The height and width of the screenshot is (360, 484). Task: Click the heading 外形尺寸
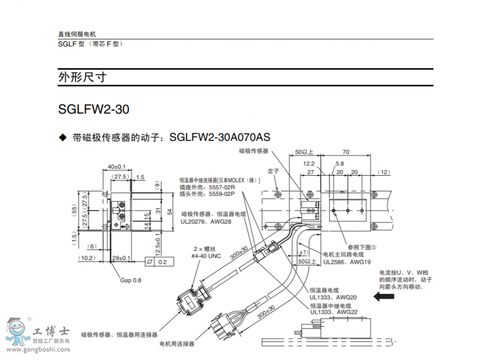82,77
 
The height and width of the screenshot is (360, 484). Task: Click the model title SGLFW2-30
94,110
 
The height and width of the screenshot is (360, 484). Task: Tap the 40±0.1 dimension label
117,167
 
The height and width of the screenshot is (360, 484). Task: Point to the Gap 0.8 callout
131,280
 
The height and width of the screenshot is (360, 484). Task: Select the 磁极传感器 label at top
254,152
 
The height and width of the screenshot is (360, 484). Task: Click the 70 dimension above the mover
346,152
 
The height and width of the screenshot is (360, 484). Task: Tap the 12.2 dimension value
309,163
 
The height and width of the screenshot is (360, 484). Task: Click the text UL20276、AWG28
206,221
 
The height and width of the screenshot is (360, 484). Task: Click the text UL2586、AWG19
347,262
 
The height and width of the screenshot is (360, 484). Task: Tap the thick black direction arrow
387,297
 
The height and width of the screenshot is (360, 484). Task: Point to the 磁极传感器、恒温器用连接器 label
119,335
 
